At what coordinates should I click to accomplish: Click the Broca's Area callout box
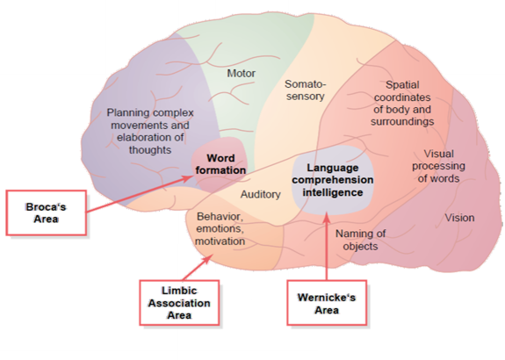click(x=47, y=212)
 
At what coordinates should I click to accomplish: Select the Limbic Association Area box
click(x=179, y=303)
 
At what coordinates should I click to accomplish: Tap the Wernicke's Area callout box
click(x=327, y=303)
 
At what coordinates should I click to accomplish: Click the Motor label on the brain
click(x=242, y=74)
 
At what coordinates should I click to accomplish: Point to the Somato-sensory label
click(x=306, y=90)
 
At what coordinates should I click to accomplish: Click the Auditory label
click(x=261, y=195)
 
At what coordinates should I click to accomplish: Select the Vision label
click(x=459, y=218)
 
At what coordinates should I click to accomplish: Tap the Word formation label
click(x=220, y=164)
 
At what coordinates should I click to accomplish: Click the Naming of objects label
click(x=360, y=240)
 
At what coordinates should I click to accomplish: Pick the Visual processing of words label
click(x=438, y=166)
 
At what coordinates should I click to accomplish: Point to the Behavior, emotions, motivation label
click(x=220, y=228)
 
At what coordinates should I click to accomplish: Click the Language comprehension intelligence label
click(x=333, y=180)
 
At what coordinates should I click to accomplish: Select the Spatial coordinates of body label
click(x=402, y=104)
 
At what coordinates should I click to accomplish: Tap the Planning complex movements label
click(x=150, y=132)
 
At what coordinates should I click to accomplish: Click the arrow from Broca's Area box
click(x=139, y=194)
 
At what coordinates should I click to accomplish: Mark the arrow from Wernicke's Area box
click(x=327, y=247)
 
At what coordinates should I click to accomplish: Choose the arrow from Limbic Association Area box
click(x=198, y=267)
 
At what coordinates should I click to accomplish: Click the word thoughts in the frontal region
click(x=150, y=150)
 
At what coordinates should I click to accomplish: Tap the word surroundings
click(x=402, y=122)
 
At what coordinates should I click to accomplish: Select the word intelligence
click(x=333, y=192)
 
